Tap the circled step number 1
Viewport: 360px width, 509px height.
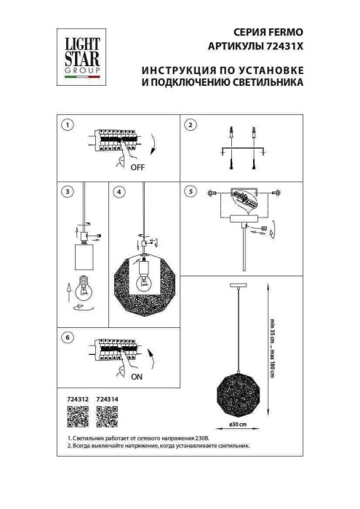coord(67,125)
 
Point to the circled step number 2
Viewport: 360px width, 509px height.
coord(191,125)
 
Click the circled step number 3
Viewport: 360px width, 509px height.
coord(67,192)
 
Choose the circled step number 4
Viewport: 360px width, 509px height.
coord(119,192)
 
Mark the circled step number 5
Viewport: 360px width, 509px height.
coord(191,192)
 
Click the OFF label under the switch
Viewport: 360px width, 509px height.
coord(137,167)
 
